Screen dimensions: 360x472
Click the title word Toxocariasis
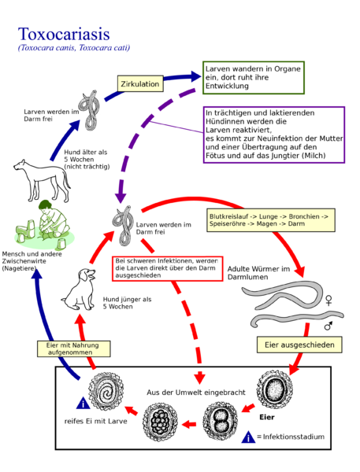click(x=64, y=34)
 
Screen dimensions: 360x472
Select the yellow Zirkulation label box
click(x=140, y=83)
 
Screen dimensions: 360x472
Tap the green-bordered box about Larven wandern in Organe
click(x=254, y=78)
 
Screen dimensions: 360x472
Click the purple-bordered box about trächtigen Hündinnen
click(x=274, y=135)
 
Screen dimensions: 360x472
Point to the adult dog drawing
click(x=43, y=180)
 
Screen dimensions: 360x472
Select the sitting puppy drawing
click(x=79, y=289)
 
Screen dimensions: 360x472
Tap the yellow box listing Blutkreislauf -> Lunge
click(x=271, y=220)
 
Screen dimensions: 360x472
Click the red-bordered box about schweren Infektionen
click(x=167, y=268)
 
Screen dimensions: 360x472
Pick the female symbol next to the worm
click(x=328, y=300)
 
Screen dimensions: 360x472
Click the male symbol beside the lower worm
click(x=328, y=326)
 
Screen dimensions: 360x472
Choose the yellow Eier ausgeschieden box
click(x=299, y=345)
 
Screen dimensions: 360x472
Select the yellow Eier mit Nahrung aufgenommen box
click(x=73, y=348)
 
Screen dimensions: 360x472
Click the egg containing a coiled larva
click(x=106, y=391)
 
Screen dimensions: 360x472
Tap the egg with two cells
click(x=221, y=421)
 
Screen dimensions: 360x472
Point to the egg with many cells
click(x=160, y=422)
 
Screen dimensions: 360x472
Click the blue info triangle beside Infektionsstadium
click(x=248, y=437)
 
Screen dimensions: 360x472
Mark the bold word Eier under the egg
click(x=267, y=417)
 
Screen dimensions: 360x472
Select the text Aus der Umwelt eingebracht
click(x=196, y=393)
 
